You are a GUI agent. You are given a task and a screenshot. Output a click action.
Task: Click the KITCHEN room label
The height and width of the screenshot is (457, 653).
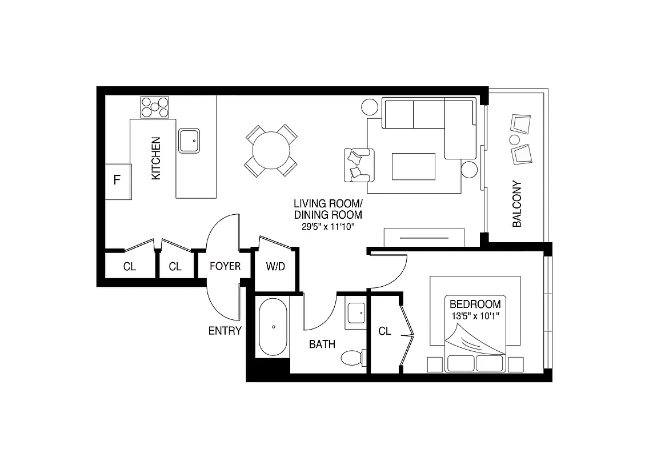point(156,159)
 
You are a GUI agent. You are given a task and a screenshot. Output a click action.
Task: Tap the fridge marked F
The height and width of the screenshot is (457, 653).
point(118,181)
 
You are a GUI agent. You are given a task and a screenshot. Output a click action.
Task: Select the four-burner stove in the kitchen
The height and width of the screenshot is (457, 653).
point(156,107)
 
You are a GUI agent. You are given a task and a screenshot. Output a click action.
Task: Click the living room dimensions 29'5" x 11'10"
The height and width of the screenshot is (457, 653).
point(328,226)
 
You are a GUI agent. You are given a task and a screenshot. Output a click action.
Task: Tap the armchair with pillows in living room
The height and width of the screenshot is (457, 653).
point(359,165)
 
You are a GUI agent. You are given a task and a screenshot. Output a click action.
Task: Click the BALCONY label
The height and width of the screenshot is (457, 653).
point(518,205)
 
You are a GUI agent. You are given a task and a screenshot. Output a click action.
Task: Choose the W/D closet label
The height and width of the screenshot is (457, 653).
point(275,266)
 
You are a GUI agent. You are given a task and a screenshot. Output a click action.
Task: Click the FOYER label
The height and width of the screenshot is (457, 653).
point(225,266)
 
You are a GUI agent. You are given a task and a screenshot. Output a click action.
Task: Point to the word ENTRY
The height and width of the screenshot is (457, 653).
point(225,331)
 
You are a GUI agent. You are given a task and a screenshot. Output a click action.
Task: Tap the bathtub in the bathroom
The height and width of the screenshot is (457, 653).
point(273,328)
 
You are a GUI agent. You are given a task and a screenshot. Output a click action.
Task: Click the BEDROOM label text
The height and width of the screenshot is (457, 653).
point(475,304)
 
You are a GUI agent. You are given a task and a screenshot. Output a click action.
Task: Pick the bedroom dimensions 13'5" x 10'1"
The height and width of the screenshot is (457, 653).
point(475,316)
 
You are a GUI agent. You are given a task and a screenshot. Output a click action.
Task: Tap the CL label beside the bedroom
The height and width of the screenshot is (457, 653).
point(384,331)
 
